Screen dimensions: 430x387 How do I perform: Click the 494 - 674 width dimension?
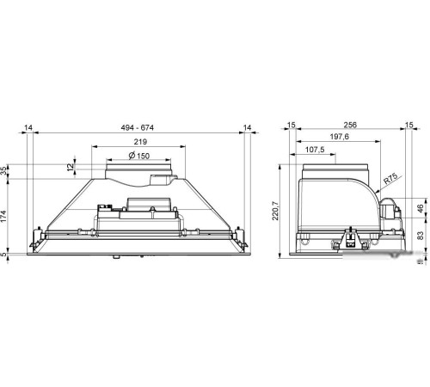(138, 127)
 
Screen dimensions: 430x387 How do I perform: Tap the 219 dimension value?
(140, 142)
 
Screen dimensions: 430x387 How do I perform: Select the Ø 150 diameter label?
(139, 156)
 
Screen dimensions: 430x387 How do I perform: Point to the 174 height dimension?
(3, 216)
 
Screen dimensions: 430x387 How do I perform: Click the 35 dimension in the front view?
(3, 171)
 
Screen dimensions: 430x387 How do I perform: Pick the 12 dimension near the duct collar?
(71, 167)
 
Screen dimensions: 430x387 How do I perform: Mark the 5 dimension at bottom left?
(3, 254)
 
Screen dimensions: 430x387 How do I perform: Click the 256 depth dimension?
(350, 125)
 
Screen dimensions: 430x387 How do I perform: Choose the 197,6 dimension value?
(340, 137)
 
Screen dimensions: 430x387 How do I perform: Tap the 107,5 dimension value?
(315, 150)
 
